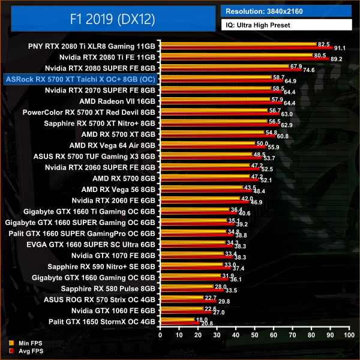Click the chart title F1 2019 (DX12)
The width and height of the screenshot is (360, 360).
tap(113, 19)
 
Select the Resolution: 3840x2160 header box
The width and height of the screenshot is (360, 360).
tap(287, 11)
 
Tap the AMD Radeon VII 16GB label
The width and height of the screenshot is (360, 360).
tap(117, 101)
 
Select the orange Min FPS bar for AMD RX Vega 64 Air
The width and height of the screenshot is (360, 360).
tap(207, 143)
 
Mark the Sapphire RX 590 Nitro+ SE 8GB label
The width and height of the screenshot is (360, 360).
tap(102, 266)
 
